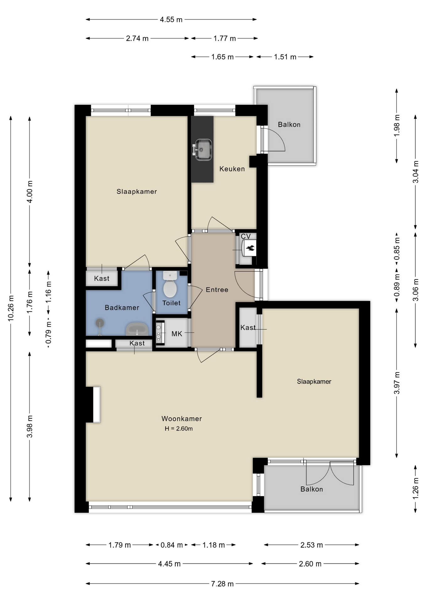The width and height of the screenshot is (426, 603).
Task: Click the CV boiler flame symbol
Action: [x=250, y=248]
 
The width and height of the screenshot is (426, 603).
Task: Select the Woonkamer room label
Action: [x=182, y=419]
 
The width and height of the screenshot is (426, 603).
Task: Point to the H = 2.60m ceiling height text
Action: [x=179, y=429]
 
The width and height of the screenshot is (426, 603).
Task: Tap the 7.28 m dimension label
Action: [x=222, y=584]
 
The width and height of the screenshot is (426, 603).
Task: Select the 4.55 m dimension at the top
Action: [x=171, y=19]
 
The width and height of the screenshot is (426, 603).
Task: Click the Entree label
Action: [x=217, y=290]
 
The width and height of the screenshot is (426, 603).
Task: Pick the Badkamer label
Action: [x=122, y=308]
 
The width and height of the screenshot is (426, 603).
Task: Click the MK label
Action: [x=177, y=334]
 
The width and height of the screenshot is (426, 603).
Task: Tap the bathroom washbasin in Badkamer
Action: [x=137, y=329]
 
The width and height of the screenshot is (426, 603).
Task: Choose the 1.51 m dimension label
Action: [x=285, y=57]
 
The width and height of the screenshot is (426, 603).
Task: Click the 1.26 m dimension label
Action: [x=416, y=488]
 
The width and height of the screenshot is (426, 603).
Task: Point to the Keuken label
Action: [x=232, y=169]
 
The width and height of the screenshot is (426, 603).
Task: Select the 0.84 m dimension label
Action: [x=172, y=545]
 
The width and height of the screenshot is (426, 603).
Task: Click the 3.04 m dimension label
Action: [x=416, y=172]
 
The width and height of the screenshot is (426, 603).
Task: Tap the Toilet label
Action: [x=171, y=303]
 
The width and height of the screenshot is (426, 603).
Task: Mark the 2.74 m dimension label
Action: [x=137, y=38]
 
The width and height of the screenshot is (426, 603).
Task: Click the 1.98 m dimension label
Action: [x=397, y=125]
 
